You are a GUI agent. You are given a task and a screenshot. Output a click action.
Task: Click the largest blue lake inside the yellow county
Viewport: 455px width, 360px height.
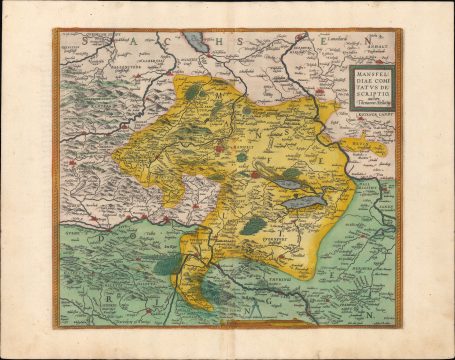click(299, 201)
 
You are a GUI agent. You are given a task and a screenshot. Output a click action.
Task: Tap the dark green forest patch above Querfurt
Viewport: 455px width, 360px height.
click(254, 225)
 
